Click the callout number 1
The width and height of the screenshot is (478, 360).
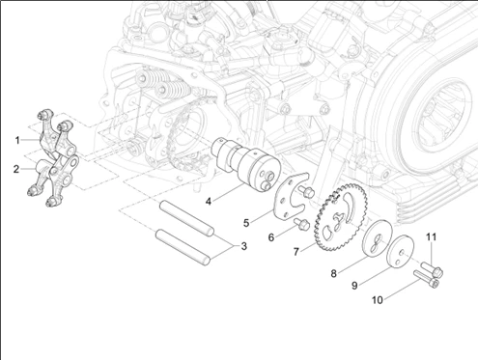pyautogui.click(x=17, y=140)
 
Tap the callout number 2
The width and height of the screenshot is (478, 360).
pyautogui.click(x=16, y=169)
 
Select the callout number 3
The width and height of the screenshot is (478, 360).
pyautogui.click(x=243, y=246)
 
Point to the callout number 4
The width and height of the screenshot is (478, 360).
pyautogui.click(x=209, y=202)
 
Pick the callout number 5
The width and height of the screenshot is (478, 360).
pyautogui.click(x=246, y=223)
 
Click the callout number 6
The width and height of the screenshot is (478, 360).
pyautogui.click(x=271, y=237)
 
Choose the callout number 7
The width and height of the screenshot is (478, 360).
pyautogui.click(x=296, y=252)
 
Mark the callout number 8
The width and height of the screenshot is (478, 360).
pyautogui.click(x=334, y=273)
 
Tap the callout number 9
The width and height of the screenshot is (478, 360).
pyautogui.click(x=354, y=286)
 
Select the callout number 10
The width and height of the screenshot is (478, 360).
pyautogui.click(x=378, y=300)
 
